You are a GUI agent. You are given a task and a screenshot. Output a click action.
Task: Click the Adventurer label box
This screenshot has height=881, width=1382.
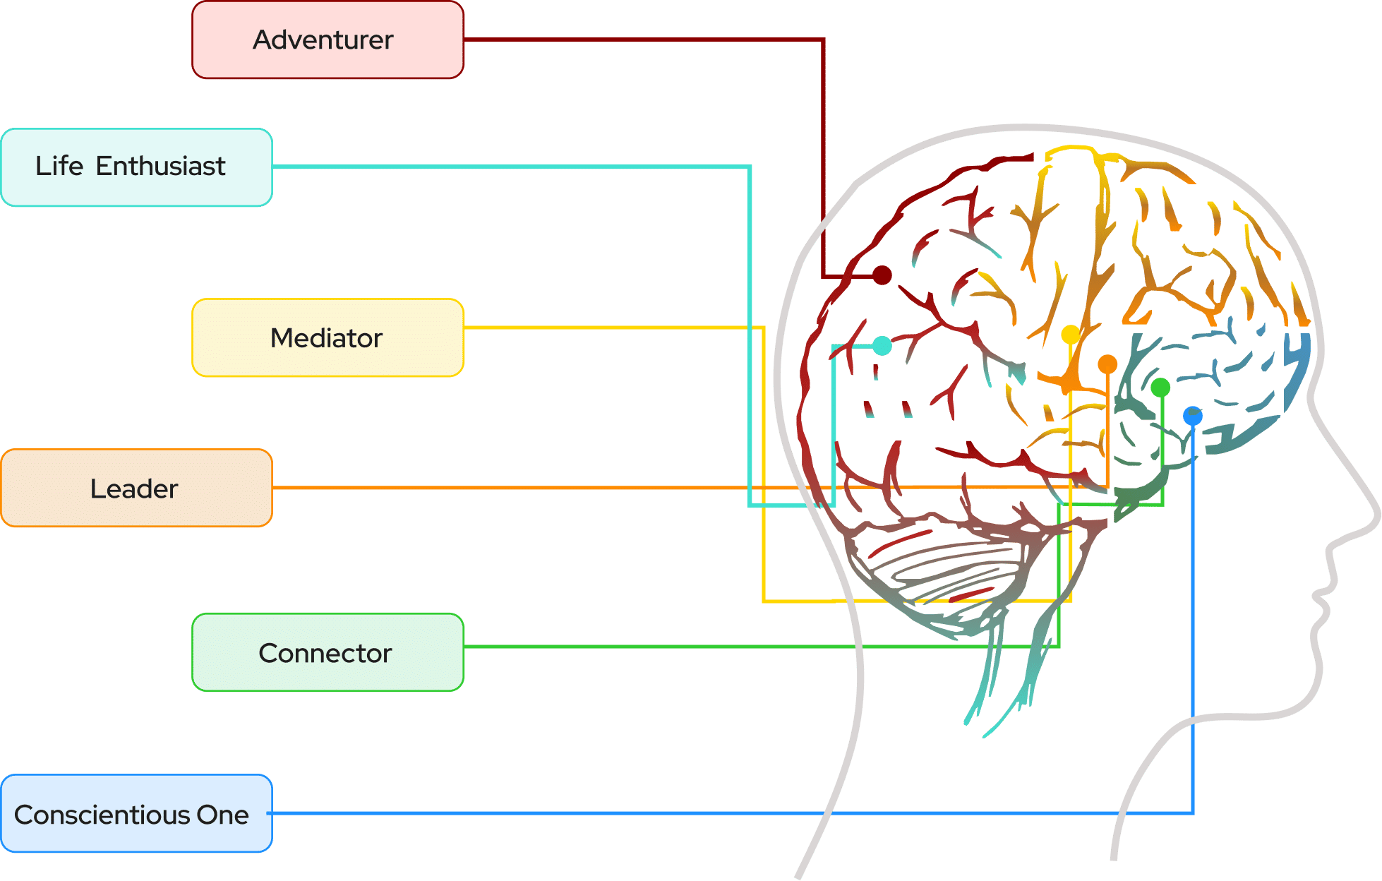pyautogui.click(x=328, y=40)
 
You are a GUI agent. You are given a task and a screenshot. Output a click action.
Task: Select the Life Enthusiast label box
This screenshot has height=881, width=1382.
pyautogui.click(x=137, y=167)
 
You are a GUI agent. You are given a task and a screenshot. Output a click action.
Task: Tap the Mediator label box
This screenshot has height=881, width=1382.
pyautogui.click(x=328, y=338)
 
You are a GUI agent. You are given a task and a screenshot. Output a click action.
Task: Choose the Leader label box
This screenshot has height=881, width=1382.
pyautogui.click(x=137, y=489)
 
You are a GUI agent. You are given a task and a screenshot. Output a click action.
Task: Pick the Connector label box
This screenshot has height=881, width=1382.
pyautogui.click(x=328, y=653)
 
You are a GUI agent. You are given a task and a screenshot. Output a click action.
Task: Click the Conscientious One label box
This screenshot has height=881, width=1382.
pyautogui.click(x=137, y=814)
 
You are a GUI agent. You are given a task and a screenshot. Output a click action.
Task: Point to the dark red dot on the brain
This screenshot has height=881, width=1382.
pyautogui.click(x=882, y=275)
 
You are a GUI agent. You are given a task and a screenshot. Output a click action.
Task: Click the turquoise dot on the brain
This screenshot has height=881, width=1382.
pyautogui.click(x=882, y=346)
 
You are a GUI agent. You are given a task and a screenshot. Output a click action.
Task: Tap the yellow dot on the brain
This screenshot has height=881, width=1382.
pyautogui.click(x=1071, y=334)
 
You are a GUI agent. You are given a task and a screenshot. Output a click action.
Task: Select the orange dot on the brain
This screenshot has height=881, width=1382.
pyautogui.click(x=1107, y=364)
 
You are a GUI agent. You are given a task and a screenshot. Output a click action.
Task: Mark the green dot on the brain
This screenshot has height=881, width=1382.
pyautogui.click(x=1160, y=388)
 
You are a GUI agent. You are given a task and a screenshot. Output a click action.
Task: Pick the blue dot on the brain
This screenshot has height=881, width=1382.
pyautogui.click(x=1193, y=416)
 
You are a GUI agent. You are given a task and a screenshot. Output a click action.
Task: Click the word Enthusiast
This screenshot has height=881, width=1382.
pyautogui.click(x=160, y=167)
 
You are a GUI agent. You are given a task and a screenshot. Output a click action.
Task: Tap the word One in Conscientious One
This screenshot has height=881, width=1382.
pyautogui.click(x=222, y=815)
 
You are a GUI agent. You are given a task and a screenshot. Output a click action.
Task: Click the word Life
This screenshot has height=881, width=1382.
pyautogui.click(x=59, y=167)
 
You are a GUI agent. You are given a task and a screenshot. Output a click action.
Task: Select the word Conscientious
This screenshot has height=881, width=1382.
pyautogui.click(x=102, y=815)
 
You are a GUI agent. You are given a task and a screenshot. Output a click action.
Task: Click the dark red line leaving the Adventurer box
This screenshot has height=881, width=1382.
pyautogui.click(x=635, y=40)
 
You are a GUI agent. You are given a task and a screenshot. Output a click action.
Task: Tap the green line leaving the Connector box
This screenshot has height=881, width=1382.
pyautogui.click(x=706, y=647)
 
